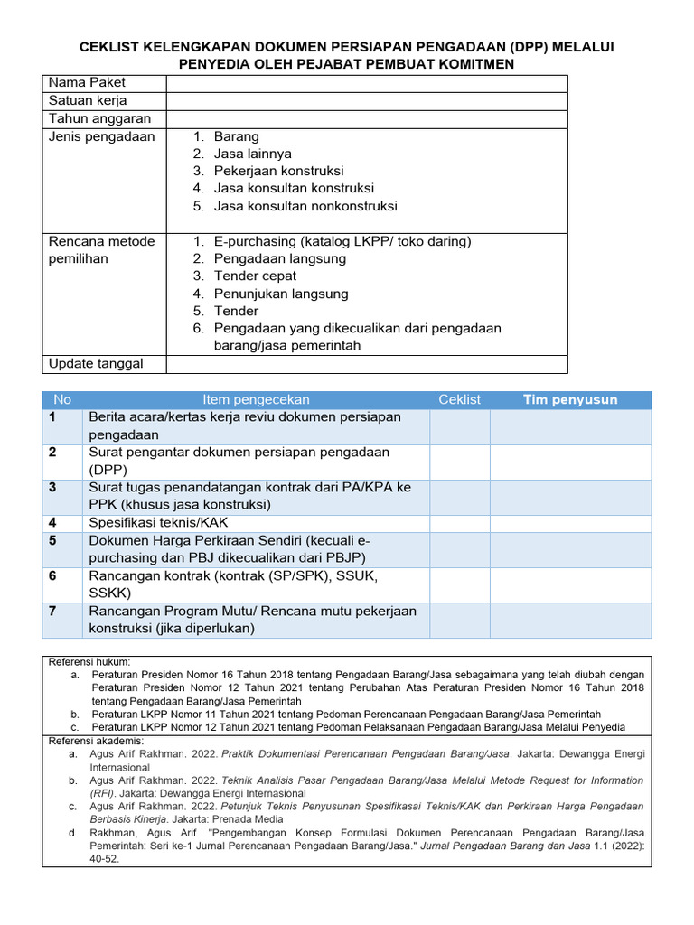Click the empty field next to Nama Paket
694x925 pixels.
pyautogui.click(x=366, y=83)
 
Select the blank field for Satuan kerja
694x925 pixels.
pyautogui.click(x=366, y=101)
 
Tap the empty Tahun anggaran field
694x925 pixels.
pyautogui.click(x=366, y=119)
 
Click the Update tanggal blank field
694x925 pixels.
pyautogui.click(x=366, y=364)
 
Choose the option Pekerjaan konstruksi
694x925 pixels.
pyautogui.click(x=278, y=171)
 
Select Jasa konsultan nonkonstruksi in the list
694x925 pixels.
pyautogui.click(x=305, y=206)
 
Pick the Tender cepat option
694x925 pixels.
pyautogui.click(x=255, y=276)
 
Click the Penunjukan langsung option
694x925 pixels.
pyautogui.click(x=280, y=294)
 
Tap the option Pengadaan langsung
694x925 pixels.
pyautogui.click(x=279, y=258)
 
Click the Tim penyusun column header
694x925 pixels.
pyautogui.click(x=570, y=399)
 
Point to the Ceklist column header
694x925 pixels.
pyautogui.click(x=459, y=399)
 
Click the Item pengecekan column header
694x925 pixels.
pyautogui.click(x=256, y=399)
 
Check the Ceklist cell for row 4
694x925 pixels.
pyautogui.click(x=459, y=523)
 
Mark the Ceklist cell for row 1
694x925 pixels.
pyautogui.click(x=459, y=426)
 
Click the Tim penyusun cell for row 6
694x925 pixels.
pyautogui.click(x=570, y=584)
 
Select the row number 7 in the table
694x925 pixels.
pyautogui.click(x=52, y=612)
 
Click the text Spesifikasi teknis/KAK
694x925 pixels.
pyautogui.click(x=158, y=523)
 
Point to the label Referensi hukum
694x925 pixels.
pyautogui.click(x=89, y=662)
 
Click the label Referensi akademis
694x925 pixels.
pyautogui.click(x=96, y=741)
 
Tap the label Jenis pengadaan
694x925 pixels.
pyautogui.click(x=102, y=137)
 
